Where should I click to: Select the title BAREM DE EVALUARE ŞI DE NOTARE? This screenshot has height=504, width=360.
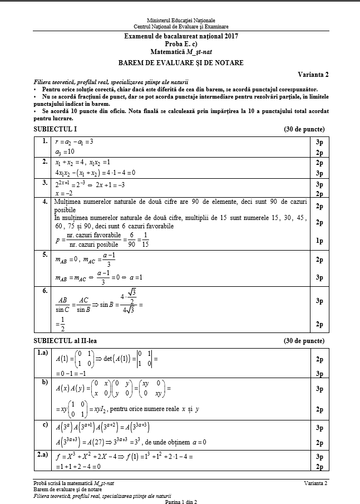click(x=181, y=63)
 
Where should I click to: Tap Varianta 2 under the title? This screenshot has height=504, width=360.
click(x=313, y=74)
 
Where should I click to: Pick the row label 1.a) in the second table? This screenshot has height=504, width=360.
click(x=42, y=353)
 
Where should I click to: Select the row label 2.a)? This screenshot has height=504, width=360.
click(x=42, y=455)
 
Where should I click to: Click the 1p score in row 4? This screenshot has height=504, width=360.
click(x=319, y=241)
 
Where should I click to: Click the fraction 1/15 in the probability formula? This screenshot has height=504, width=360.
click(x=146, y=241)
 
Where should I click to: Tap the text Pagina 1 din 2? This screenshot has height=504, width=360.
click(x=180, y=501)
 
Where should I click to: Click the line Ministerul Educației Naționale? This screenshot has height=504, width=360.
click(x=181, y=20)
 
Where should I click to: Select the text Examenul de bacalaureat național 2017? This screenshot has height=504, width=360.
click(x=181, y=37)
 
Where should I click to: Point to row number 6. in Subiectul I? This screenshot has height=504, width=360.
click(x=43, y=290)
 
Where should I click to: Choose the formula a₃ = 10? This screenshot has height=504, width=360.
click(x=65, y=152)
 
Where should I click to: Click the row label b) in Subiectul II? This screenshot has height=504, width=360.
click(x=45, y=383)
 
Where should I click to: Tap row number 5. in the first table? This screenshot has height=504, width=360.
click(x=43, y=255)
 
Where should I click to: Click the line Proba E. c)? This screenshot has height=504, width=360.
click(x=181, y=43)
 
